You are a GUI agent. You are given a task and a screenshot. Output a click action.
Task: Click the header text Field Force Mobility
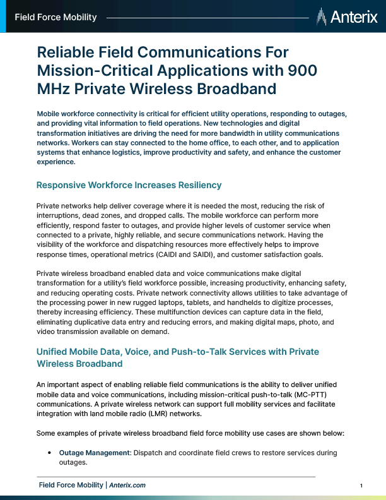56,17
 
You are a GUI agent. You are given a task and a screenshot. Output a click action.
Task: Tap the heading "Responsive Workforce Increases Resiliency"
129,185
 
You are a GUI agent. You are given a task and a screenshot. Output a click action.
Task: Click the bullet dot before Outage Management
49,453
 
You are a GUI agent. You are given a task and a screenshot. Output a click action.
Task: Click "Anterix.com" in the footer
127,485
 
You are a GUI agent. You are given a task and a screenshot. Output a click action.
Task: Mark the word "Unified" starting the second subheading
54,352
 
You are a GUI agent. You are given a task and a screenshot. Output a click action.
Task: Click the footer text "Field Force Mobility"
71,485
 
